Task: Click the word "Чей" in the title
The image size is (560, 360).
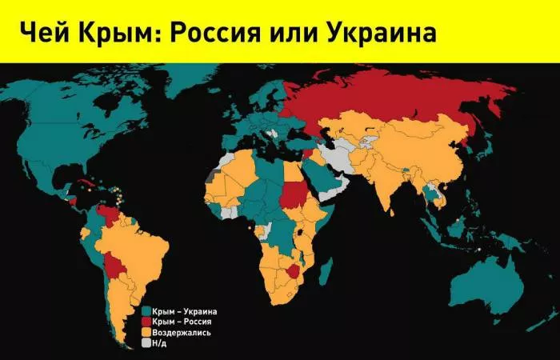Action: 40,32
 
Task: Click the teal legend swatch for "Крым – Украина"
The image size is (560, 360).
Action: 146,310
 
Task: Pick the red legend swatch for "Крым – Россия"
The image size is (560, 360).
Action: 146,321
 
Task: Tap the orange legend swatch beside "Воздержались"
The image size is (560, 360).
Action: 146,331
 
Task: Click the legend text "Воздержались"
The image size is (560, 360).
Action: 182,331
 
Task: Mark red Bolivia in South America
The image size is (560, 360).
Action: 118,263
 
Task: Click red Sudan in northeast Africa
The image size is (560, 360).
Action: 295,193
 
